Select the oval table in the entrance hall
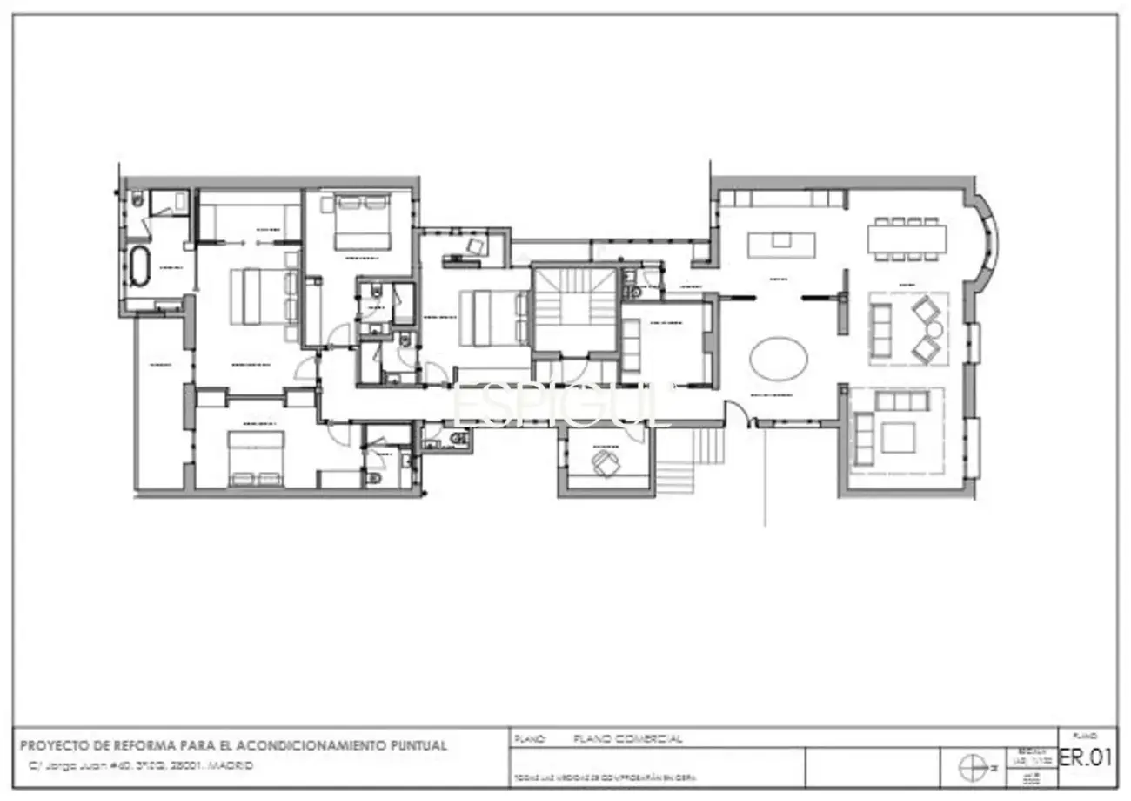[x=779, y=358]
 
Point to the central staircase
[x=574, y=309]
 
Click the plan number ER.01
[x=1085, y=757]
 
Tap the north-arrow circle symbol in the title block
[x=971, y=768]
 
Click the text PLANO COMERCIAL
[x=628, y=738]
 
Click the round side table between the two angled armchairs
[x=934, y=329]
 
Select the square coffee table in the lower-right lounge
[x=898, y=437]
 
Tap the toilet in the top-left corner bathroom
[x=137, y=201]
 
